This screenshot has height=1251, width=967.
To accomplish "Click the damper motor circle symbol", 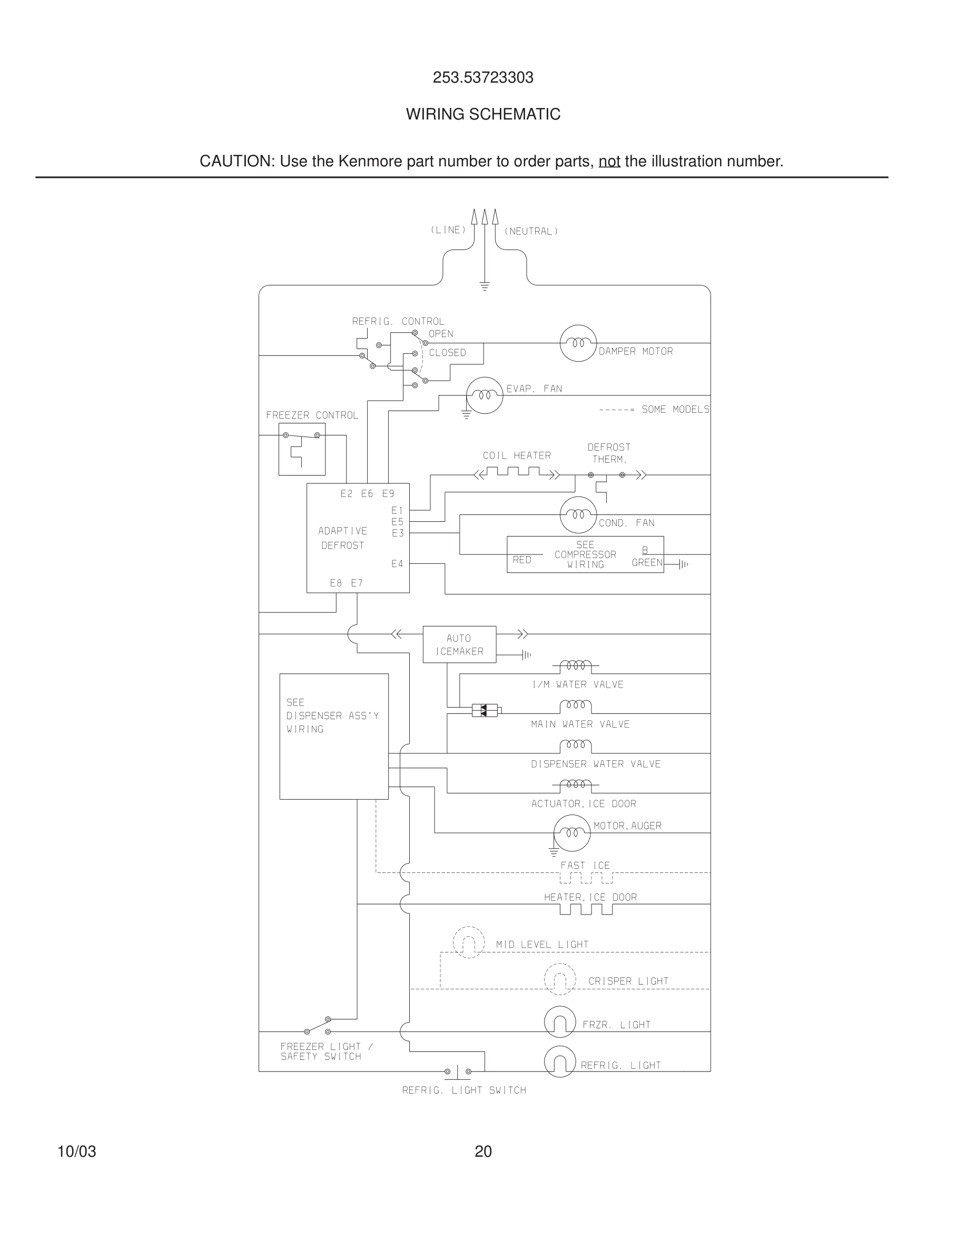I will (578, 343).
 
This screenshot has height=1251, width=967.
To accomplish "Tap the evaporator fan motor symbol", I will (484, 395).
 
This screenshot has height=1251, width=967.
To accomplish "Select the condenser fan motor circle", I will (578, 515).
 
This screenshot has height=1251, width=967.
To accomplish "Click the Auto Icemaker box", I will (459, 644).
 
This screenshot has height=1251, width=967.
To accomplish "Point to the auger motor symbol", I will (572, 833).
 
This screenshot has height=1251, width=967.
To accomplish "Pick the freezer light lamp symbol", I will (560, 1021).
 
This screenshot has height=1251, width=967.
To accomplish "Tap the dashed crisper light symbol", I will (560, 979).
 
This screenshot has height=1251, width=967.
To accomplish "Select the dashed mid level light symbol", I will (469, 942).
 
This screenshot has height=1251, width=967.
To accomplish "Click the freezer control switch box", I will (302, 449).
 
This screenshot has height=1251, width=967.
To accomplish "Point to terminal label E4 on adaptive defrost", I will (397, 564).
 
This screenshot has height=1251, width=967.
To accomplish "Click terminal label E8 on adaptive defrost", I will (336, 583).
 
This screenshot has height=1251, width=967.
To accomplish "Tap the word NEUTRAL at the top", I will (531, 232).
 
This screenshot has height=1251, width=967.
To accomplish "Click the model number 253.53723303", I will (483, 77).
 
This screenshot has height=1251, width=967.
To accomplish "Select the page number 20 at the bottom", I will (483, 1151).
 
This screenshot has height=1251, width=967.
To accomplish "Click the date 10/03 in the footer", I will (77, 1151).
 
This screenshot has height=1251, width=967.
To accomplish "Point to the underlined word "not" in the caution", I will (609, 162).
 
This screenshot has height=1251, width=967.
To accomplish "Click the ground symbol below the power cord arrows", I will (485, 286).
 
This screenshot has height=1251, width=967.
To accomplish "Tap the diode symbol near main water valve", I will (485, 711).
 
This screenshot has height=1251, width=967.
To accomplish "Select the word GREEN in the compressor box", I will (647, 562).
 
